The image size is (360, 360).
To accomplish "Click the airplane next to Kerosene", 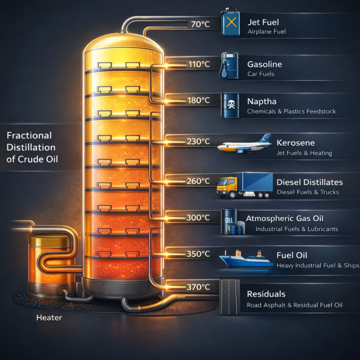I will [x=245, y=144].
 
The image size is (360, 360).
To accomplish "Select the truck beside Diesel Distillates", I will [x=245, y=183].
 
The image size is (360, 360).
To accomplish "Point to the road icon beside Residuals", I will [x=230, y=297].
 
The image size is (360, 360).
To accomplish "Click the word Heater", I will [x=49, y=318].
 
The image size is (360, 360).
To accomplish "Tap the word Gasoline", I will [x=265, y=64].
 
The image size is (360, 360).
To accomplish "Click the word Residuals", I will [x=266, y=294].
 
